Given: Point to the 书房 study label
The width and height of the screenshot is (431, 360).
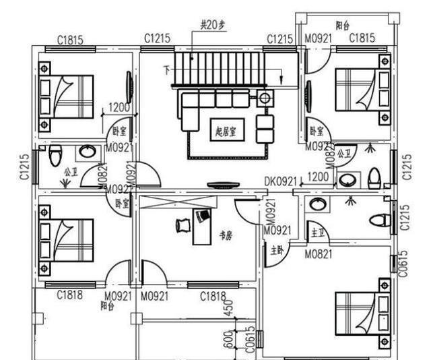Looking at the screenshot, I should pyautogui.click(x=227, y=235).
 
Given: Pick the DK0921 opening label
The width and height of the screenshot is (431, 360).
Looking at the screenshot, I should pyautogui.click(x=279, y=181).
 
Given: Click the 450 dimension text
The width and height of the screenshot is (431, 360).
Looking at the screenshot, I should pyautogui.click(x=230, y=309).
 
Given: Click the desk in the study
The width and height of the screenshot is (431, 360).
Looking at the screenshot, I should pyautogui.click(x=201, y=227).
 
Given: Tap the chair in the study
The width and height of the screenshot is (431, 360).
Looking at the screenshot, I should pyautogui.click(x=183, y=224).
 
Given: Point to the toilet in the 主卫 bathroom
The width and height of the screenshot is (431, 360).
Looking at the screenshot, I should pyautogui.click(x=380, y=220).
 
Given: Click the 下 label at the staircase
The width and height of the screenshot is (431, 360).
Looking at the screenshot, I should pyautogui.click(x=166, y=69).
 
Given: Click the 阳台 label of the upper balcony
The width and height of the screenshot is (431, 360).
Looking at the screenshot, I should pyautogui.click(x=343, y=25).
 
